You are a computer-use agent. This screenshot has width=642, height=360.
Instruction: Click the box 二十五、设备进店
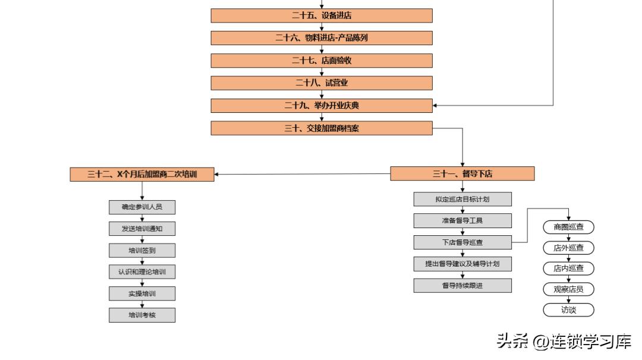(x=322, y=15)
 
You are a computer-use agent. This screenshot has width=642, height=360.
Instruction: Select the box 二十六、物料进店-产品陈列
(x=322, y=38)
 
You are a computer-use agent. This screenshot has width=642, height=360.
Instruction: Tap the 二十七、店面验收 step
(x=322, y=61)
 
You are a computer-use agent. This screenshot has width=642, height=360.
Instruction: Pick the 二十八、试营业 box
(x=322, y=83)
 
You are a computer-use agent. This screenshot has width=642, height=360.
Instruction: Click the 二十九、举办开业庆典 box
(x=322, y=106)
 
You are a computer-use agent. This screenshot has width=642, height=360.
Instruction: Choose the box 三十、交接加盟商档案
(x=322, y=128)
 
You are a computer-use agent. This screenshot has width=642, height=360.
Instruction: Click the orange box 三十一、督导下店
(x=462, y=173)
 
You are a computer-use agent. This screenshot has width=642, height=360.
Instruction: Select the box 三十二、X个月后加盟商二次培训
(x=142, y=174)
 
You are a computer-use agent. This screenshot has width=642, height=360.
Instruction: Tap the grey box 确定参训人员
(x=142, y=207)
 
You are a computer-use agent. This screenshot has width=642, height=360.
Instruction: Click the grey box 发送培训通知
(x=142, y=229)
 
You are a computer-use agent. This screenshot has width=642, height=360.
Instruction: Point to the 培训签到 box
(x=142, y=250)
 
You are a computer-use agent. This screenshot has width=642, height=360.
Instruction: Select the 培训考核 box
(x=142, y=315)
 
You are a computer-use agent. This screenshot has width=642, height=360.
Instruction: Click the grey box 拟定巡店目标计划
(x=462, y=199)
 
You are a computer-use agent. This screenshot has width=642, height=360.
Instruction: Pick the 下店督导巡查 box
(x=462, y=242)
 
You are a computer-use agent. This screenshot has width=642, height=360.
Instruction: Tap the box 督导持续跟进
(x=462, y=285)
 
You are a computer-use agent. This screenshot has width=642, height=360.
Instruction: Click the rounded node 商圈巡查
(x=568, y=227)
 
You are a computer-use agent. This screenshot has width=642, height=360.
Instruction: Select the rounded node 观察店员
(x=568, y=289)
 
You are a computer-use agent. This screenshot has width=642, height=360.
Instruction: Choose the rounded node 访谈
(x=568, y=310)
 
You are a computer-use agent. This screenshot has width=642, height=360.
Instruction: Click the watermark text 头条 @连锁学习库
(x=564, y=342)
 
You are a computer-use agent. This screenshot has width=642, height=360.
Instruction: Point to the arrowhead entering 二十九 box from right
(x=436, y=106)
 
